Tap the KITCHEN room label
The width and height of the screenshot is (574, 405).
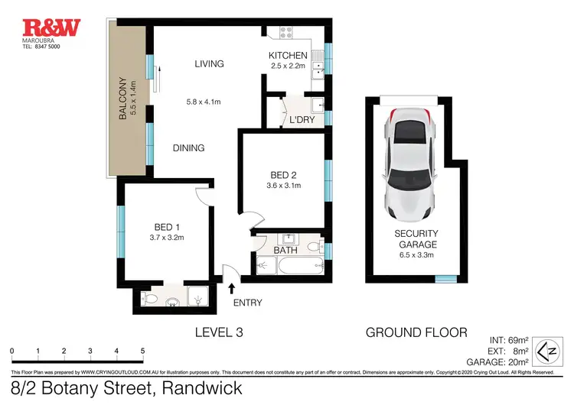288,56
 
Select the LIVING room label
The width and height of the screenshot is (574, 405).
209,64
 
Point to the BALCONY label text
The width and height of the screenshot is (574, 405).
122,99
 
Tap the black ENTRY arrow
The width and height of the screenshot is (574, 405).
232,288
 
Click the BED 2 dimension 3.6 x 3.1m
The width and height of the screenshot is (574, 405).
283,185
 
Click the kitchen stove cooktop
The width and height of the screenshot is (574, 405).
287,34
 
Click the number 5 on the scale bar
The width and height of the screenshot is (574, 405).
142,352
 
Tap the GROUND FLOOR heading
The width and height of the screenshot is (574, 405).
416,332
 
